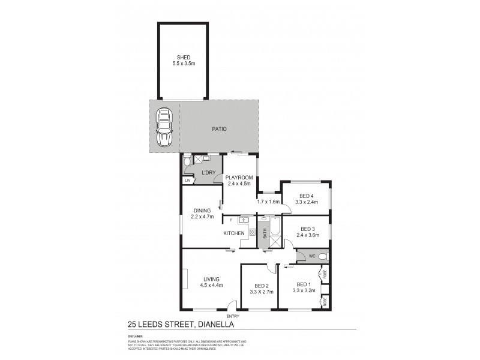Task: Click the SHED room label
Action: (x=184, y=58)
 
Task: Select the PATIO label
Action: (x=218, y=129)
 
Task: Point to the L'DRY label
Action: (x=208, y=173)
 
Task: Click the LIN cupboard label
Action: (x=187, y=180)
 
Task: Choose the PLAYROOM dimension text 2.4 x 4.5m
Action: (x=239, y=184)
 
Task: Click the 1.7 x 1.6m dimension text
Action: (x=268, y=202)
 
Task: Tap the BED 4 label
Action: (x=306, y=196)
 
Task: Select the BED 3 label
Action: (x=307, y=229)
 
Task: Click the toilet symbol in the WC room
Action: (x=322, y=257)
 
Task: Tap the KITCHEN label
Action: (x=233, y=233)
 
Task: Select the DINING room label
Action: (x=202, y=211)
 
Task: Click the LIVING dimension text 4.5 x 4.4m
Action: (x=211, y=285)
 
